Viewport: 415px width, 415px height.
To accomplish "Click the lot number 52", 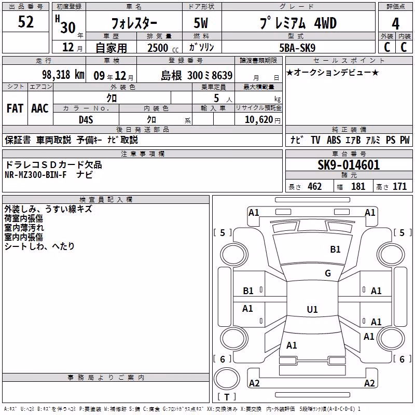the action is point(25,22).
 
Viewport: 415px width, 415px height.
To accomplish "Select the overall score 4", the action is point(395,24).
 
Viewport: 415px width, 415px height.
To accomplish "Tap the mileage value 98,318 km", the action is point(63,75).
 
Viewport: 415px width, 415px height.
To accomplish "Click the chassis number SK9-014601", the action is point(349,165).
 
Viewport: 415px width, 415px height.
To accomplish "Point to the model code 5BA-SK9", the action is point(297,48).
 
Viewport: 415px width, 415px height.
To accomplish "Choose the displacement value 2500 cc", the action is point(163,48).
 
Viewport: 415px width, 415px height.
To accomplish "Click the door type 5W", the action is point(201,23).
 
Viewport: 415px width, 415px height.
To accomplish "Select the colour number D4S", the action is point(86,120).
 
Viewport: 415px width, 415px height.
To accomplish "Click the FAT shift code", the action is point(15,108).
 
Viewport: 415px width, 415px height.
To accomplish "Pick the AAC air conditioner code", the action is point(40,108).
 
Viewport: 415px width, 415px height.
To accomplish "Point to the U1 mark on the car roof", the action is point(312,309).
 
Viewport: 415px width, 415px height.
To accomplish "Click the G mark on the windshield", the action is point(328,273).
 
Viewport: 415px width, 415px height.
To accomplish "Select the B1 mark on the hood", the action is point(335,249).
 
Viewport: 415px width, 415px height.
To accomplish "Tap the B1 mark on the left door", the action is point(248,291).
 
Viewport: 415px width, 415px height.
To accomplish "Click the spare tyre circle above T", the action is point(227,379).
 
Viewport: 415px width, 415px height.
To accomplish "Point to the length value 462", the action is point(315,186).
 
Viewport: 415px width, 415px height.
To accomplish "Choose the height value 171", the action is point(399,186).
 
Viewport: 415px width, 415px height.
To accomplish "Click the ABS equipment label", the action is point(334,140).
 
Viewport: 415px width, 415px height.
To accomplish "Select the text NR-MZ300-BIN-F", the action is point(35,175).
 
